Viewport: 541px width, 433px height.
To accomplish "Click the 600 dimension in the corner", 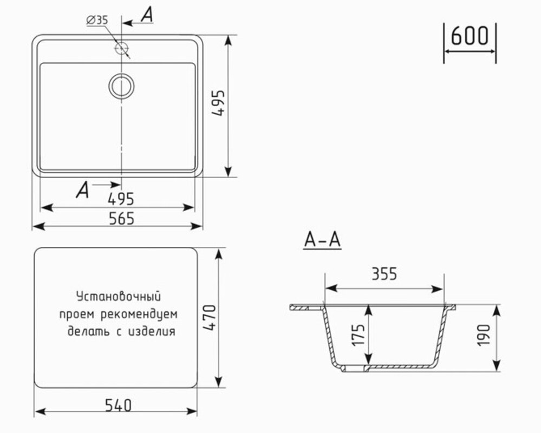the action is click(x=470, y=36).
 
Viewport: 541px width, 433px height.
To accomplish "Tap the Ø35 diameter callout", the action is click(x=97, y=21).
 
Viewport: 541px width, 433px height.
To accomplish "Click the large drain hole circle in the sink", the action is click(x=121, y=86).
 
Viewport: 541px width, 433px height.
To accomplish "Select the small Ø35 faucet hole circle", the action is click(x=122, y=48).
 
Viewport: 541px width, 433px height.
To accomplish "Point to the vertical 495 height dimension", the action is click(x=218, y=103).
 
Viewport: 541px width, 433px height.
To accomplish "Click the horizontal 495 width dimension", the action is click(x=121, y=199).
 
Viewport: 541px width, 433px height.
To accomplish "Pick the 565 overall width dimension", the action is click(x=121, y=219).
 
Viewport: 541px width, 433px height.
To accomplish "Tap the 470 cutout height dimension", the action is click(x=210, y=318).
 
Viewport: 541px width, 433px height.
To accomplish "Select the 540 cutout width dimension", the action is click(x=119, y=405).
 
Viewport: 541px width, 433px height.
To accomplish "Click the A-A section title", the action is click(x=322, y=240).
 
